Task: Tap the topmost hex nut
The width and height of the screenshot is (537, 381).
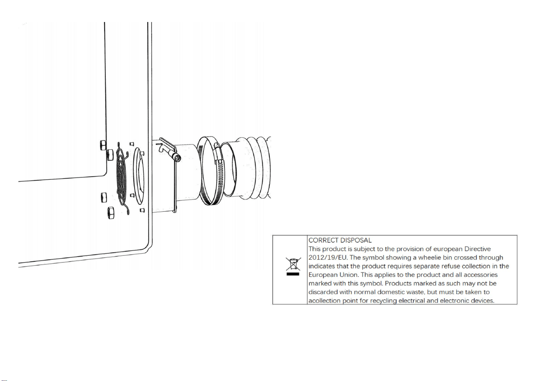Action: pos(103,145)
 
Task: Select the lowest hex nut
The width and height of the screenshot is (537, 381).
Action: pos(111,213)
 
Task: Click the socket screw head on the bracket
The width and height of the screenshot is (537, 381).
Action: pos(178,157)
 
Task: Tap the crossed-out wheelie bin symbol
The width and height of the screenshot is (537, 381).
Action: pos(293,264)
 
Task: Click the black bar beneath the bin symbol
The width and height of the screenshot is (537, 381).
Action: pos(293,274)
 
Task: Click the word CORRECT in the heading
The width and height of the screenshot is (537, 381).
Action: pos(323,241)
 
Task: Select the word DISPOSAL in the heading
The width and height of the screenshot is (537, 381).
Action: pos(356,241)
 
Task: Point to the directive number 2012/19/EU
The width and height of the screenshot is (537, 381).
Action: pos(328,258)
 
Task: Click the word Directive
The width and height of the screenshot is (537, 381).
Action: pos(478,249)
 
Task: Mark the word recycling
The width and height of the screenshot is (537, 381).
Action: pos(384,301)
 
